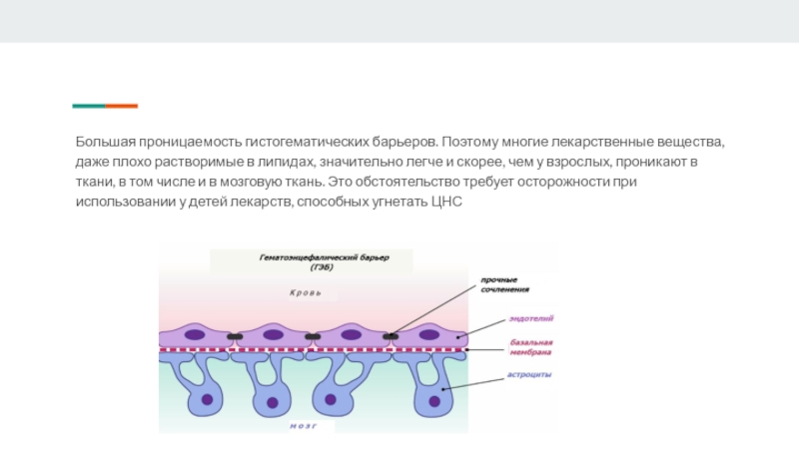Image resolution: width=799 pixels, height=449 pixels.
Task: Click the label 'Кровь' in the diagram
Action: click(x=305, y=293)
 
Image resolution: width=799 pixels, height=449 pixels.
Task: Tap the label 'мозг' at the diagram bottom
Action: click(x=304, y=425)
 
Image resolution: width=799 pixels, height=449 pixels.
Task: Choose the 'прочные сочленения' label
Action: click(x=504, y=284)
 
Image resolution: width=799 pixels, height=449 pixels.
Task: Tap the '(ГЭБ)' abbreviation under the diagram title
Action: click(x=321, y=267)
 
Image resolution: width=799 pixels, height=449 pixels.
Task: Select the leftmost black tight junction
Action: click(x=234, y=336)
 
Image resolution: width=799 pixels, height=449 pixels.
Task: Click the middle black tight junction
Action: click(x=313, y=336)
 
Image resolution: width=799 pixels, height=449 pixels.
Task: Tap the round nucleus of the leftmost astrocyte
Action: click(x=207, y=399)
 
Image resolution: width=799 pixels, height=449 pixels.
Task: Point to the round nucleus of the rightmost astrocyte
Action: click(x=434, y=401)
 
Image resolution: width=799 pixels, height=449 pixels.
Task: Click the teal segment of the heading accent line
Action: click(x=89, y=106)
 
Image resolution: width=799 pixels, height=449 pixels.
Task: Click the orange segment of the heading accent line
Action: click(x=122, y=106)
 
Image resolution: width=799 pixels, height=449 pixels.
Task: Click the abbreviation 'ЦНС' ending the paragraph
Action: click(x=446, y=203)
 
